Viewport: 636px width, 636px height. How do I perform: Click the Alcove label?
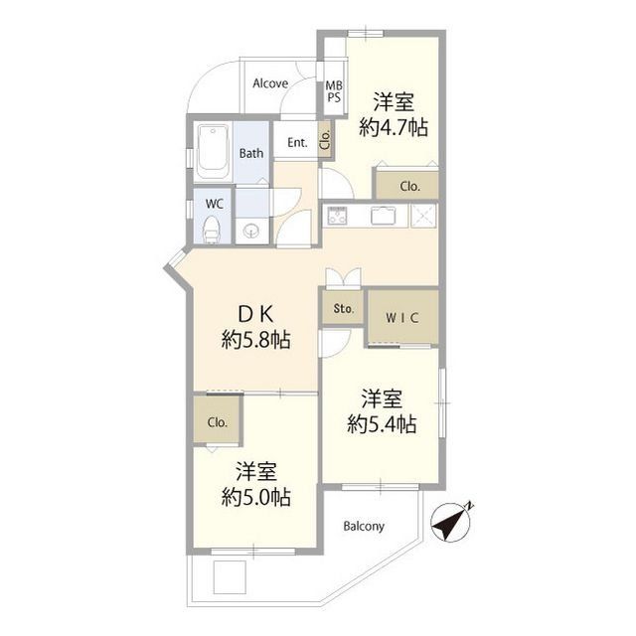pos(269,83)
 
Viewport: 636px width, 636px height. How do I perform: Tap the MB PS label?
pos(334,91)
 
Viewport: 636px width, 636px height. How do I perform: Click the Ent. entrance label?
pos(297,143)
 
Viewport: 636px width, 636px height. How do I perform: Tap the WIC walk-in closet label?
pos(402,319)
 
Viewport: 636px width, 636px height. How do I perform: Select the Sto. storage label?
pos(344,309)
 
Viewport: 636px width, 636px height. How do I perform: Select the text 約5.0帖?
pos(256,497)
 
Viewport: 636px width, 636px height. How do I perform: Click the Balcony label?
pos(364,526)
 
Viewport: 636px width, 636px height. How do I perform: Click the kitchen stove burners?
pos(336,215)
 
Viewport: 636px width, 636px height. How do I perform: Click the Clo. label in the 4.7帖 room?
pos(409,185)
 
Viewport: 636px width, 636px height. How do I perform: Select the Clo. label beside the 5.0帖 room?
pos(218,421)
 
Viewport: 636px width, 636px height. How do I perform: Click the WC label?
pos(214,203)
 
